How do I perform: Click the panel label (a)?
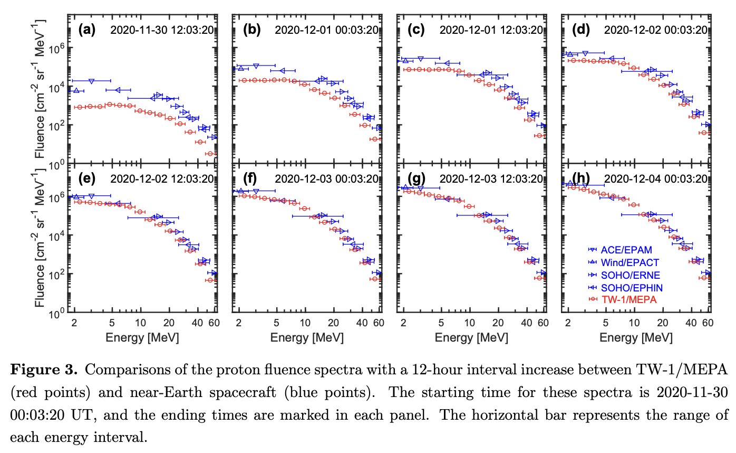pyautogui.click(x=86, y=30)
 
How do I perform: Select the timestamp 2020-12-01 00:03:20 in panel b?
pyautogui.click(x=326, y=30)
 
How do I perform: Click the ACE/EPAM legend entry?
pyautogui.click(x=627, y=250)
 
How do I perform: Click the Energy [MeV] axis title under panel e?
pyautogui.click(x=142, y=337)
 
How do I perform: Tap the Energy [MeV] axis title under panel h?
pyautogui.click(x=636, y=337)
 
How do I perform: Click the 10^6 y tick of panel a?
pyautogui.click(x=56, y=49)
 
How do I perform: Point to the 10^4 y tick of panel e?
pyautogui.click(x=56, y=235)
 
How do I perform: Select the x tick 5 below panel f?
pyautogui.click(x=276, y=323)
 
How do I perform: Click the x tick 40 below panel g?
pyautogui.click(x=527, y=323)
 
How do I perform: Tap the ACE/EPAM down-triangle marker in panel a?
pyautogui.click(x=92, y=81)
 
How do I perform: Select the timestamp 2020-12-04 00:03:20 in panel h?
pyautogui.click(x=655, y=178)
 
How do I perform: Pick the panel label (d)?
pyautogui.click(x=580, y=30)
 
